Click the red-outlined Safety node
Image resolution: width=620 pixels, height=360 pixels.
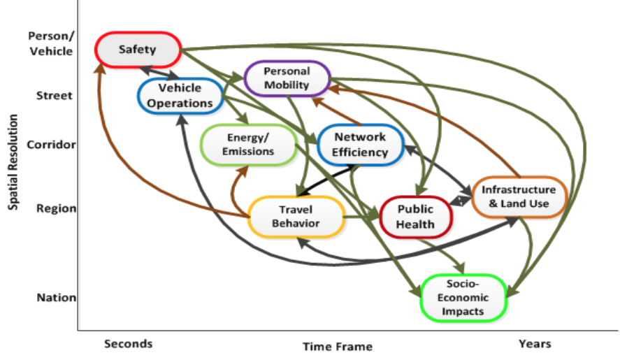coord(138,50)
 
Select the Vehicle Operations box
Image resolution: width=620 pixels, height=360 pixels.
coord(180,95)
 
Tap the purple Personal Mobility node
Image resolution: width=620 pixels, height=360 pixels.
coord(287,78)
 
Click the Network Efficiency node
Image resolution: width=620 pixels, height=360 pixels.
coord(360,145)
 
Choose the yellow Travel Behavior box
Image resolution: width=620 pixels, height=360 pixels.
coord(296,216)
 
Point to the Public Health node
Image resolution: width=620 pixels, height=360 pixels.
coord(416,216)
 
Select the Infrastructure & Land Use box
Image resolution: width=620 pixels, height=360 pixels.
coord(519,196)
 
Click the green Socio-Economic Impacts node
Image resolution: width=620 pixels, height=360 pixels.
coord(462,297)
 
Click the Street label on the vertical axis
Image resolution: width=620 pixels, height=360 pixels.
coord(54,95)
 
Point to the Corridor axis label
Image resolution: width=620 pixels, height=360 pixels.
coord(50,145)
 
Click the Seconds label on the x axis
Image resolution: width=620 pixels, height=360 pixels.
coord(128,343)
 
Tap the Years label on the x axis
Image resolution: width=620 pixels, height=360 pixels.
coord(535,343)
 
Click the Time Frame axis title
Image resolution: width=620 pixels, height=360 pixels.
coord(337,346)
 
